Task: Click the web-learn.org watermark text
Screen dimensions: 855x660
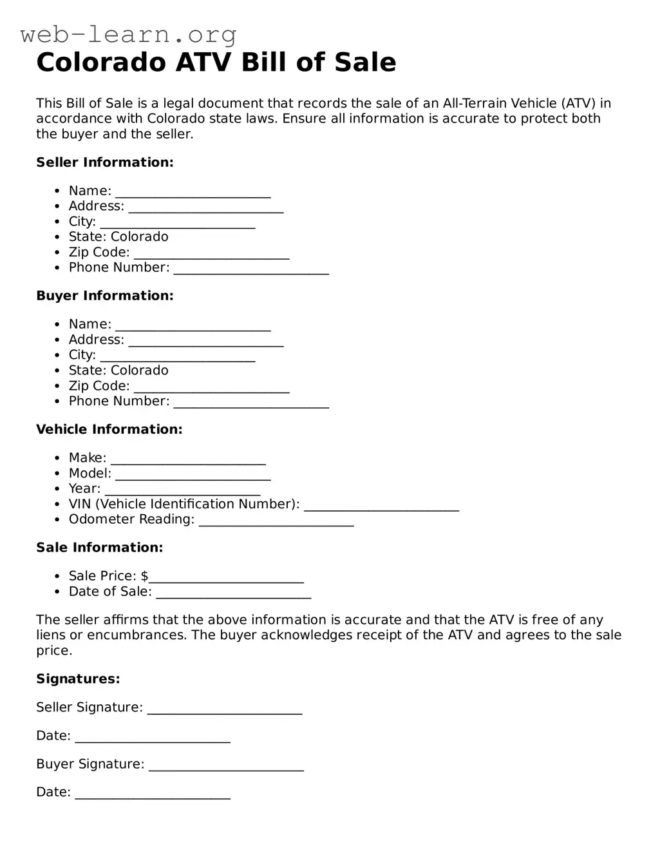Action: [x=128, y=34]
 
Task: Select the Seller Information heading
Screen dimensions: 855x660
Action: [x=105, y=162]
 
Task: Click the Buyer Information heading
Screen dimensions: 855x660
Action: [x=105, y=296]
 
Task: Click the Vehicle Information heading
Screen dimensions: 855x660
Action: [x=109, y=429]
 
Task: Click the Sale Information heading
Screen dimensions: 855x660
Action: [x=100, y=548]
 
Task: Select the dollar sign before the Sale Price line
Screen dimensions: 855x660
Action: [x=145, y=576]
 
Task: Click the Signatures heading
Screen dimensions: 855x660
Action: [x=78, y=679]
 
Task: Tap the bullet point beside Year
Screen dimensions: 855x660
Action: [x=57, y=489]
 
